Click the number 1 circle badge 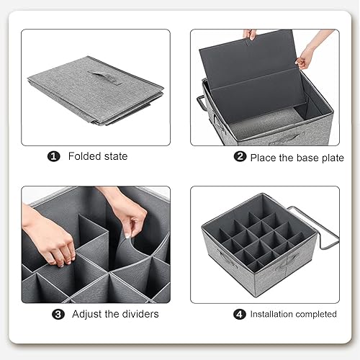[53, 156]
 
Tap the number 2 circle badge [240, 156]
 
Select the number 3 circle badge [58, 314]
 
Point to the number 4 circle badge [239, 314]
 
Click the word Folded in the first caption [84, 156]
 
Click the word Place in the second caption [264, 158]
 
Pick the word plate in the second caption [333, 158]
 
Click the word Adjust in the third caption [86, 314]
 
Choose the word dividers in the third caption [140, 314]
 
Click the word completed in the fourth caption [315, 315]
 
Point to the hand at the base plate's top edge [251, 35]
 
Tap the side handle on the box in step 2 [202, 103]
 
